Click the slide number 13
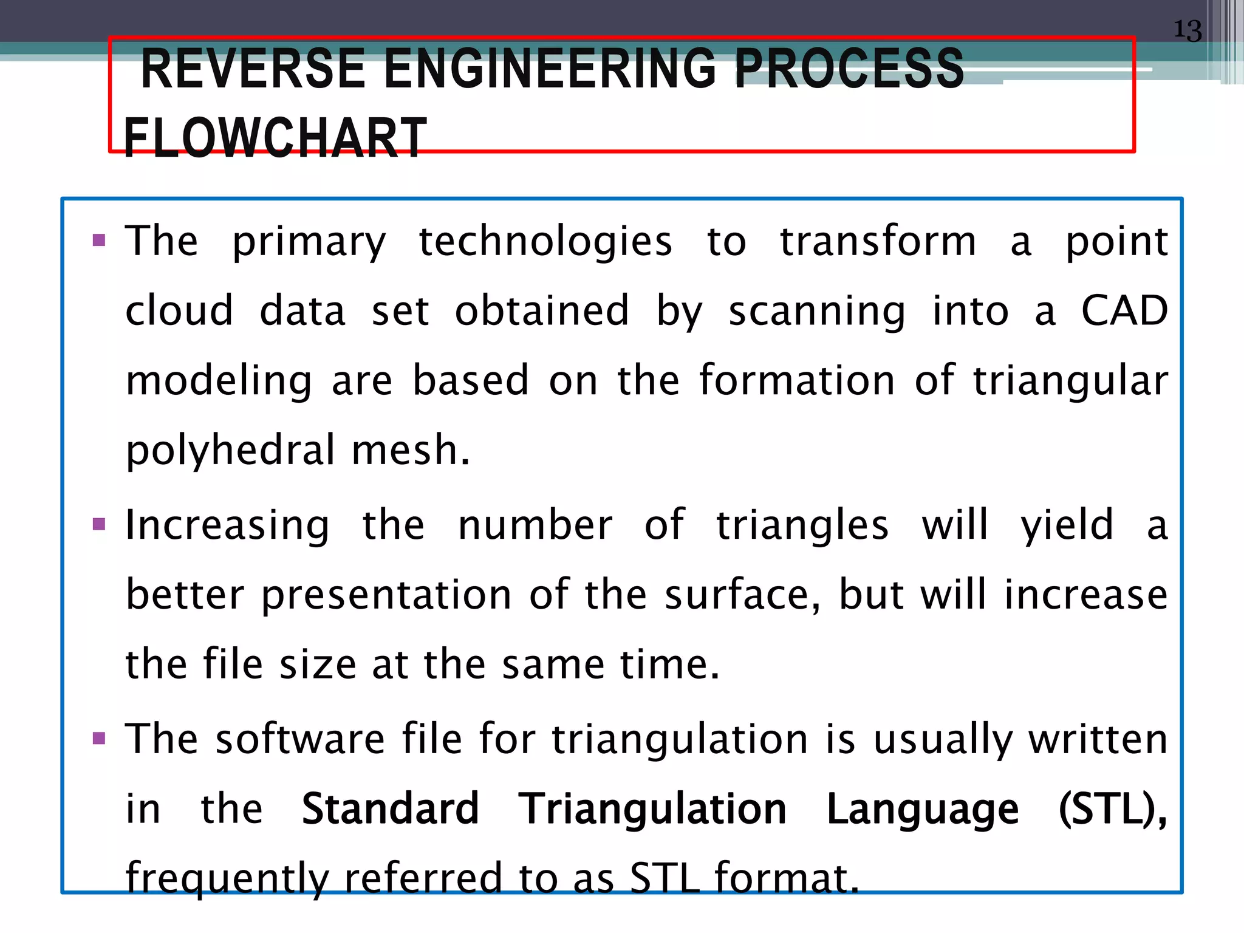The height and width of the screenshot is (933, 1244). pos(1188,30)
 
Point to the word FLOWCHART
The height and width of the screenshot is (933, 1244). pos(275,138)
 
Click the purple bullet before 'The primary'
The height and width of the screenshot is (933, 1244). pos(99,240)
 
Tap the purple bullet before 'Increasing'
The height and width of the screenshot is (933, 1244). pos(99,524)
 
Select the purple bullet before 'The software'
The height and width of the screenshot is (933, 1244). pos(99,739)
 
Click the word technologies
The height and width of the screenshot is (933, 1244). pos(545,242)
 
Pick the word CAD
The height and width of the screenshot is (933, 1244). pos(1124,311)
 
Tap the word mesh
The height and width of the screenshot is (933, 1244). pos(411,451)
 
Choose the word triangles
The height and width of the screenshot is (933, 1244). pos(802,525)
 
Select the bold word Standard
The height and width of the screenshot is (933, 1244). pos(391,809)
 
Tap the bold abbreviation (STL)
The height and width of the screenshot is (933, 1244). pos(1112,810)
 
